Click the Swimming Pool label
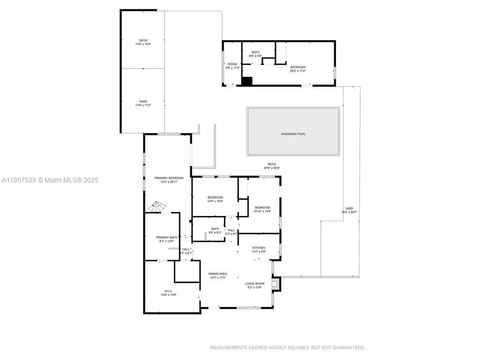(293, 134)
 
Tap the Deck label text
(143, 40)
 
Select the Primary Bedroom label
(169, 178)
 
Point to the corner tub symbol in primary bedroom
(157, 207)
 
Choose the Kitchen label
(259, 247)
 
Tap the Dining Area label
(217, 274)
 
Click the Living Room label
(255, 284)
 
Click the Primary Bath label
(166, 238)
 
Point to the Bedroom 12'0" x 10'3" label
(215, 197)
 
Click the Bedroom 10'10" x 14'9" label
(262, 208)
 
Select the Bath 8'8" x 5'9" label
(255, 52)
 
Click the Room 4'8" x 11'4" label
(232, 64)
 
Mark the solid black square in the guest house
(247, 81)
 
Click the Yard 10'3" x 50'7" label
(349, 209)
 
